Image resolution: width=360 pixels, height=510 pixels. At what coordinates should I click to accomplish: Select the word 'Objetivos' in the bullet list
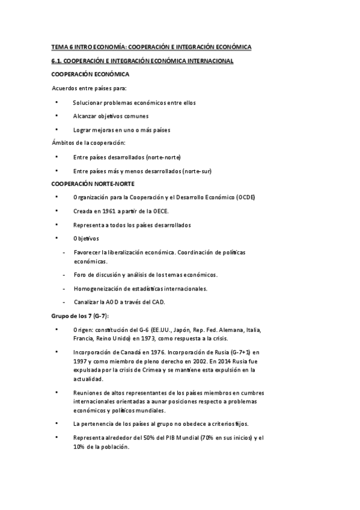(x=86, y=239)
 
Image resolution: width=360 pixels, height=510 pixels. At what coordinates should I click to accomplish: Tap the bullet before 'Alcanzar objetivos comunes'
(x=56, y=116)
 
